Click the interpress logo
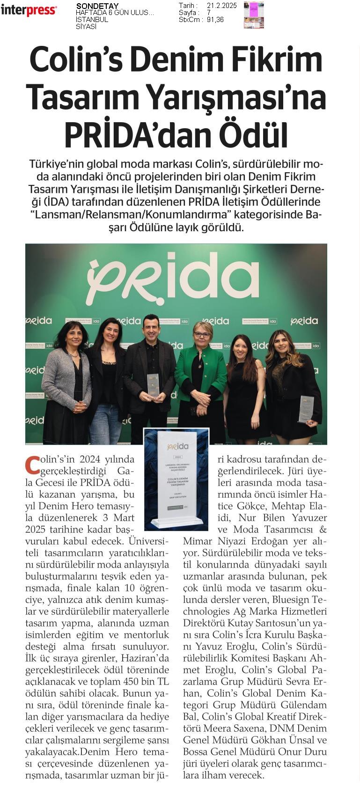coord(29,10)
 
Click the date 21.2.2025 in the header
coord(221,6)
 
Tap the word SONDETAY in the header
coord(97,6)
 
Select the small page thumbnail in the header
coord(254,15)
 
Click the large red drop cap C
coord(32,465)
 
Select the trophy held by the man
coord(153,385)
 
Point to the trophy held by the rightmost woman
coord(306,409)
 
